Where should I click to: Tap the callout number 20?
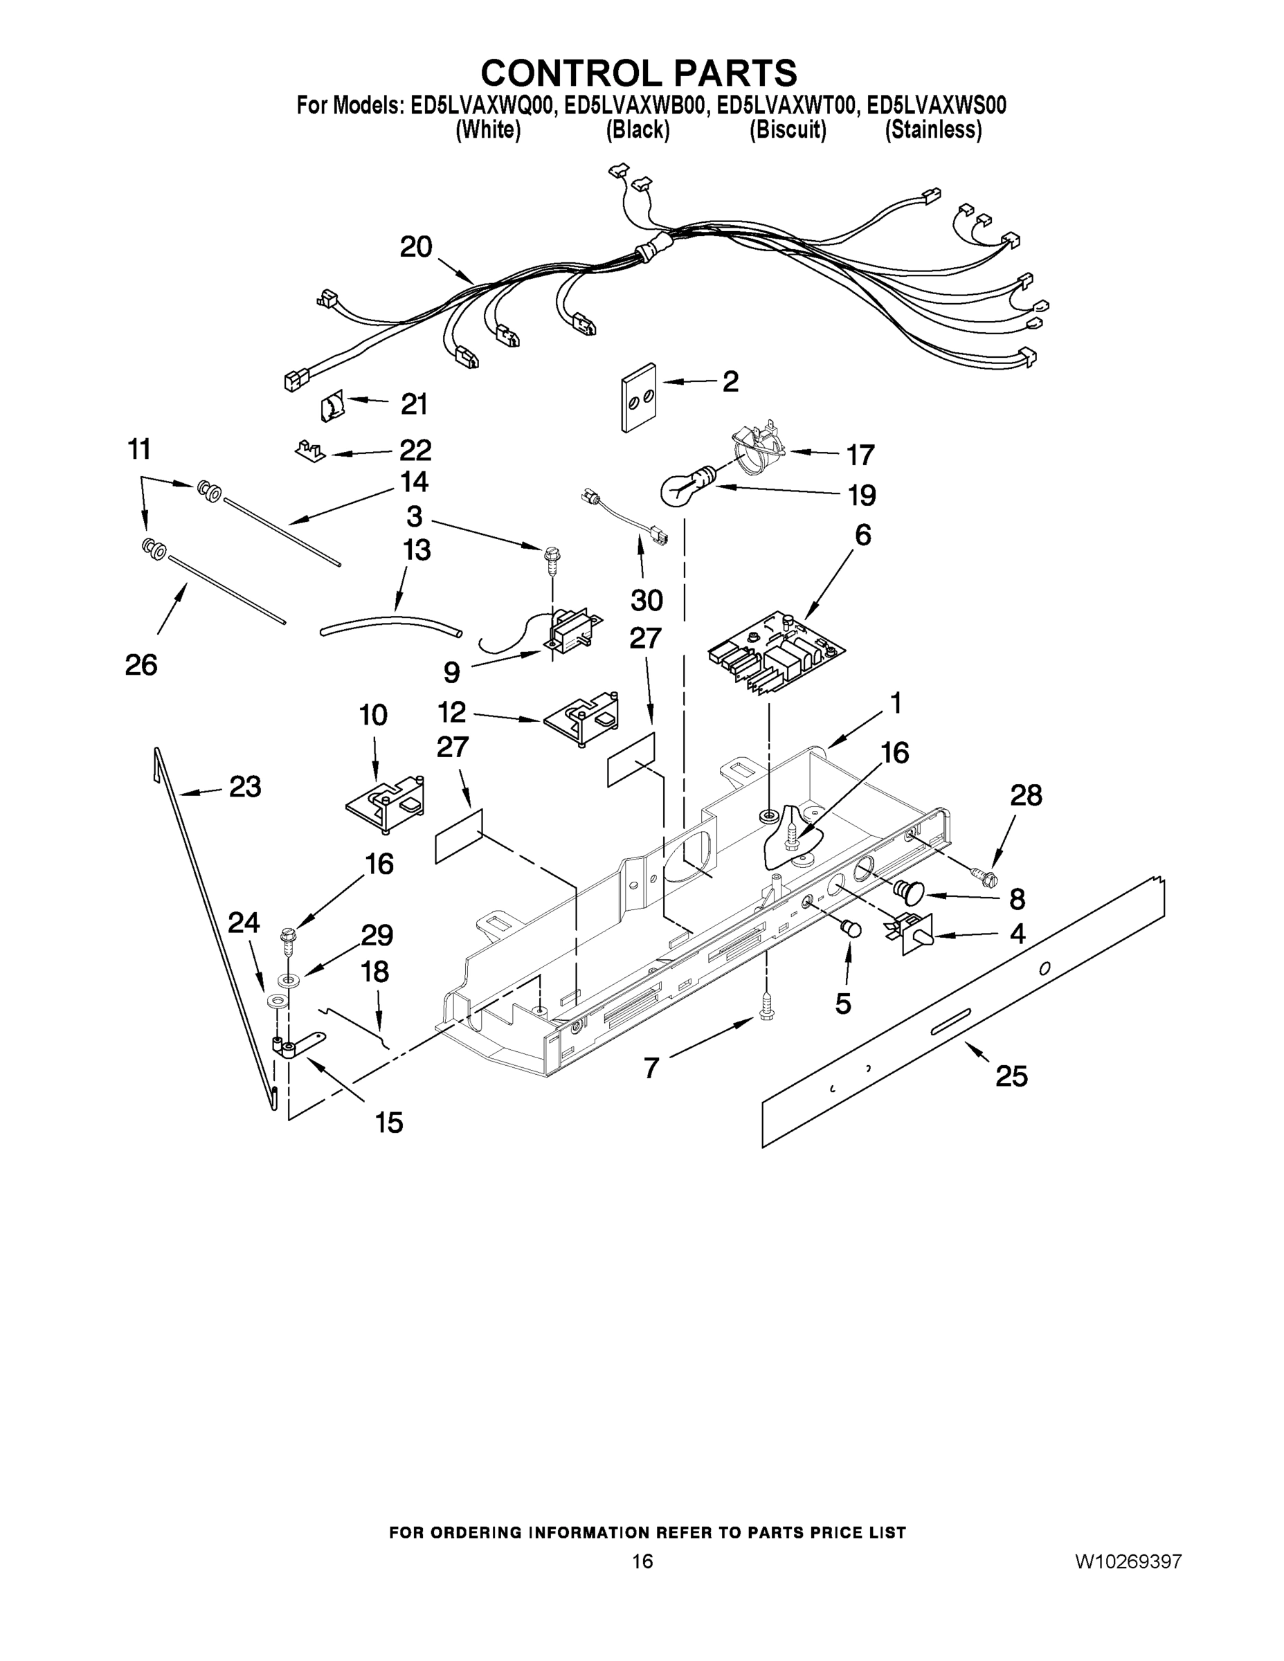pyautogui.click(x=416, y=247)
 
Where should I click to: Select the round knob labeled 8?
pyautogui.click(x=908, y=889)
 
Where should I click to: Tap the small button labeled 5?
pyautogui.click(x=851, y=929)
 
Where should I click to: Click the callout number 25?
pyautogui.click(x=1011, y=1075)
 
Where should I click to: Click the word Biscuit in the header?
pyautogui.click(x=788, y=131)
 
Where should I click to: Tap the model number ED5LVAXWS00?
pyautogui.click(x=937, y=106)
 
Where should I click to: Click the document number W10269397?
pyautogui.click(x=1128, y=1561)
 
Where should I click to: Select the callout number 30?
pyautogui.click(x=646, y=600)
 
